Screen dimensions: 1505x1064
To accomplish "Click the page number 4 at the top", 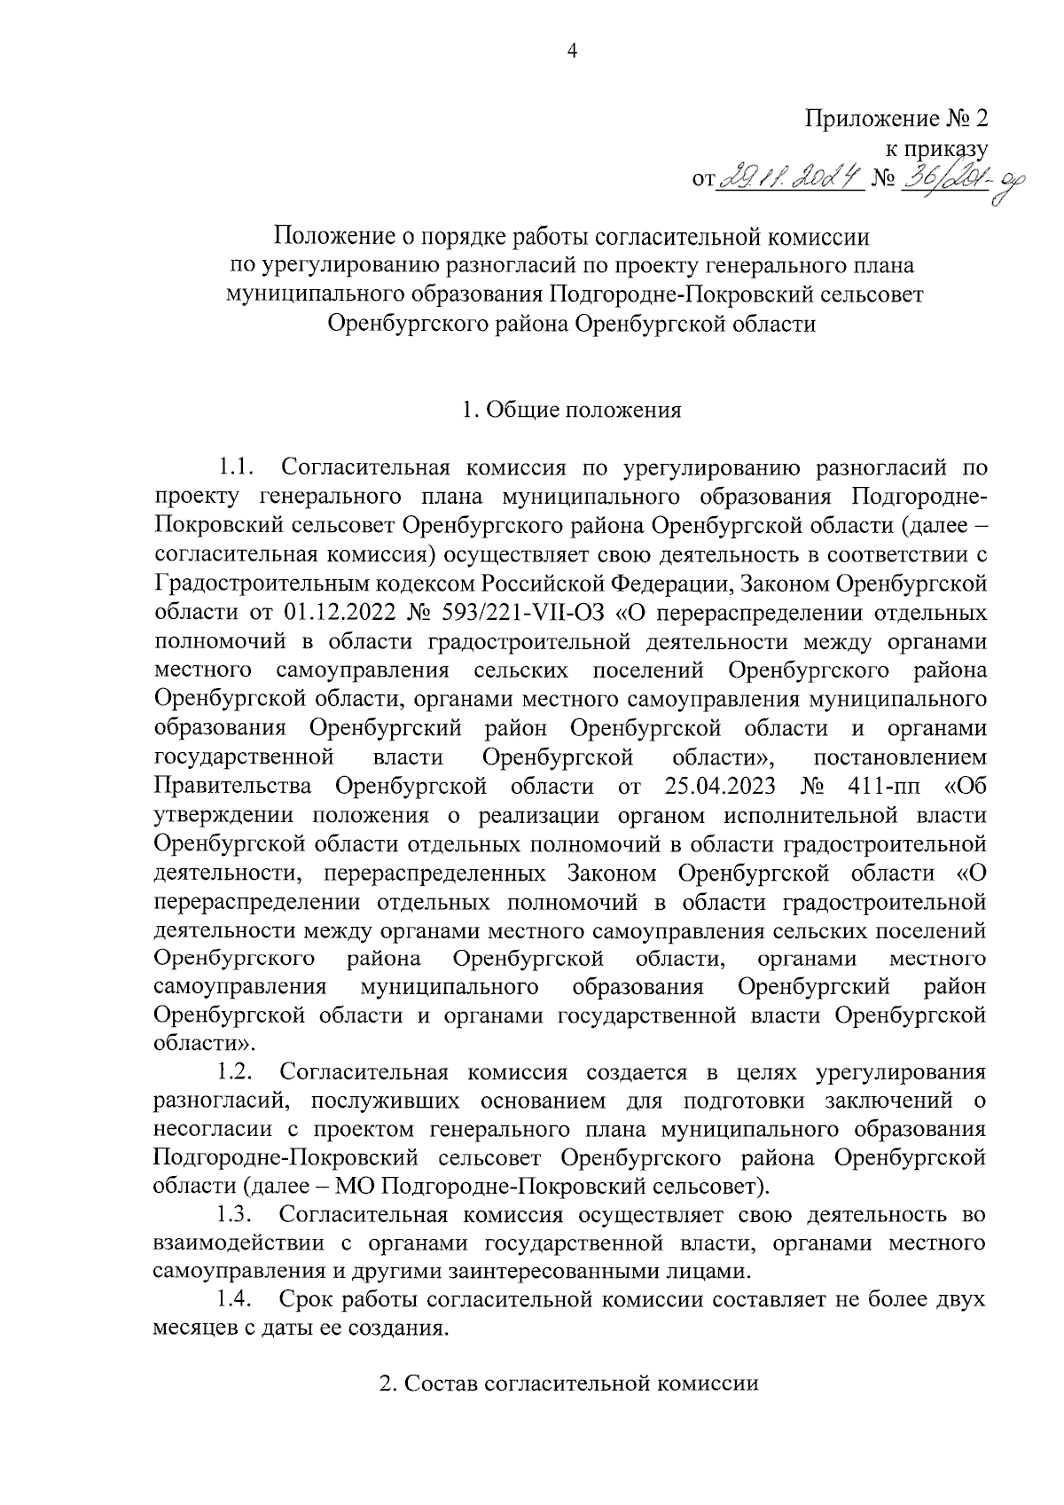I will [572, 52].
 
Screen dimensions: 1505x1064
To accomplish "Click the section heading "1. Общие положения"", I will [572, 411].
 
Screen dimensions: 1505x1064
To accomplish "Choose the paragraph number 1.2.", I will [237, 1072].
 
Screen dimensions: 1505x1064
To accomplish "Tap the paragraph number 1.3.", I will [237, 1216].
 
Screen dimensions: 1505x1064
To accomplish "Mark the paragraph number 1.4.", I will [237, 1300].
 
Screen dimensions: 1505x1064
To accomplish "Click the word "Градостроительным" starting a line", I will [262, 584].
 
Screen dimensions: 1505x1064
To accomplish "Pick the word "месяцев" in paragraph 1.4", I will [195, 1329].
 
